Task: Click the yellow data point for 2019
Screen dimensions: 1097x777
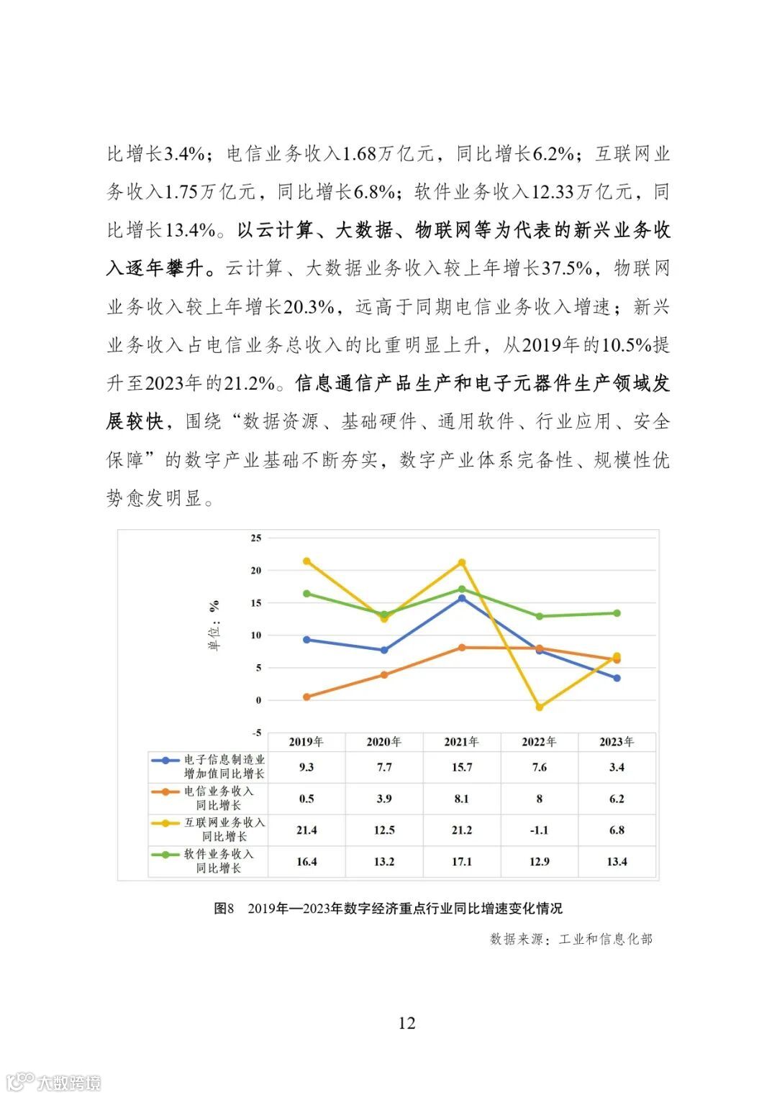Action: pos(306,561)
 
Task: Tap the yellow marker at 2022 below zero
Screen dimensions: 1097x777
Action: pos(540,707)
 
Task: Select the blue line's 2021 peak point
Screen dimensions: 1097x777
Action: pos(462,598)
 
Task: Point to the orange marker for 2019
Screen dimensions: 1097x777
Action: pos(306,697)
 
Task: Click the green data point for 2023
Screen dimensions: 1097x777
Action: pos(617,613)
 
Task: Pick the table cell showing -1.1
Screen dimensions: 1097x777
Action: pos(539,830)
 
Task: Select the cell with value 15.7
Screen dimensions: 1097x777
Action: pos(462,767)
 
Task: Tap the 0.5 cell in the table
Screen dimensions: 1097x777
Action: pos(306,799)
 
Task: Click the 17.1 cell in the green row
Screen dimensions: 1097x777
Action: pos(462,861)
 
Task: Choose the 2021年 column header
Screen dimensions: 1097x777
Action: pos(462,742)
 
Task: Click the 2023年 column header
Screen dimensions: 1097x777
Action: pos(617,742)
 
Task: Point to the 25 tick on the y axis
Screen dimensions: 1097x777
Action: pos(255,538)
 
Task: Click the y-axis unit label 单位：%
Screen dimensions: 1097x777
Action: pos(214,625)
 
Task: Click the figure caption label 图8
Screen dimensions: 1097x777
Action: pos(224,908)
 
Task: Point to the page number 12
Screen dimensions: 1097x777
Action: pos(406,1023)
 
